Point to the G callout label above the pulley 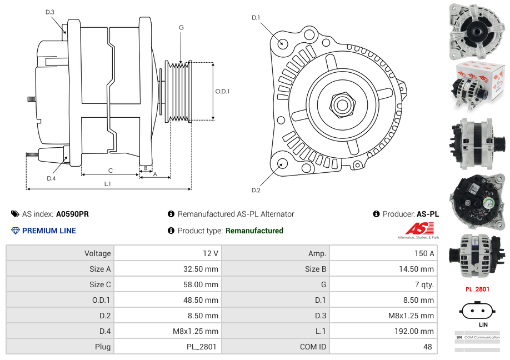point(181,27)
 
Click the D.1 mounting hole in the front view point(283,43)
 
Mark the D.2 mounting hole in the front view point(282,163)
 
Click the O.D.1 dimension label point(222,91)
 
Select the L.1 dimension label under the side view point(107,184)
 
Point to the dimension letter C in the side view point(110,171)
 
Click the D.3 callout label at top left point(49,12)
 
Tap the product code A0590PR point(72,214)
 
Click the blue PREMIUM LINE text point(49,231)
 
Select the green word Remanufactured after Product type point(254,231)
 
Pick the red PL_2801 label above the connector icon point(477,289)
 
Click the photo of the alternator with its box point(477,82)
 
